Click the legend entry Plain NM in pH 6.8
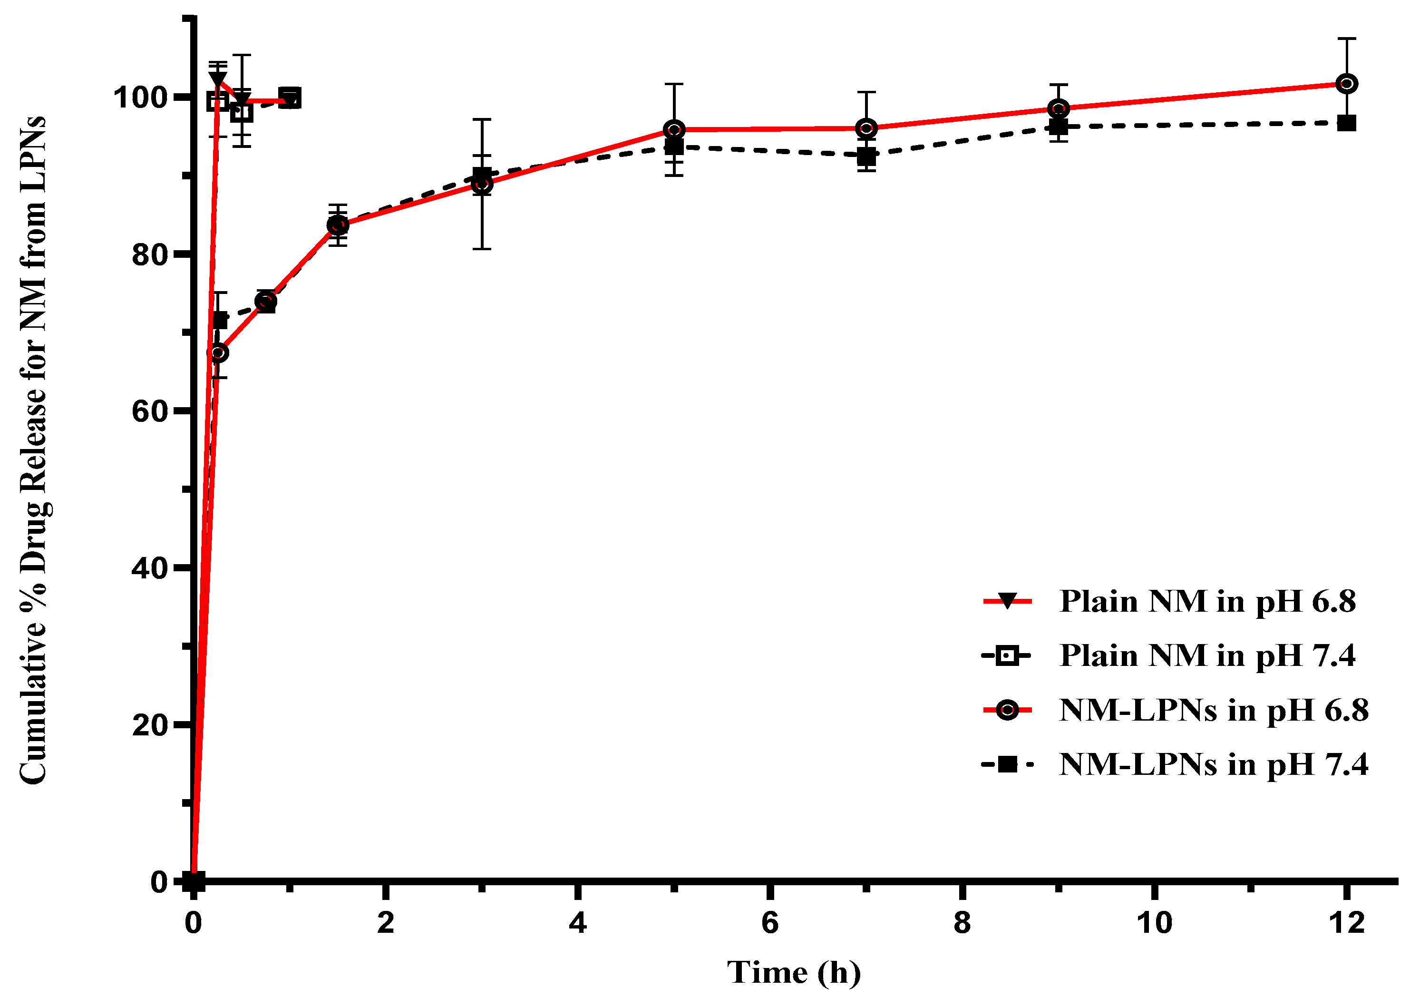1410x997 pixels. point(1207,601)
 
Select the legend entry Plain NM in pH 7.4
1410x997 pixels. point(1207,655)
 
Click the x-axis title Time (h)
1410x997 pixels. point(793,972)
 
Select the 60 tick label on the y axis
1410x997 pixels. point(150,411)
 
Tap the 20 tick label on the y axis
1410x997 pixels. point(150,725)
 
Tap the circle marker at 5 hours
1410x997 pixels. point(674,129)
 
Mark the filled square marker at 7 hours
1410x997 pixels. point(866,156)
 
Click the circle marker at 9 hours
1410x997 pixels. point(1058,109)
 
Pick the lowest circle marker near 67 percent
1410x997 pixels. point(219,352)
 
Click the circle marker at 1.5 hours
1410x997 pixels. point(338,225)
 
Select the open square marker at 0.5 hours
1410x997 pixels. point(242,112)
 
